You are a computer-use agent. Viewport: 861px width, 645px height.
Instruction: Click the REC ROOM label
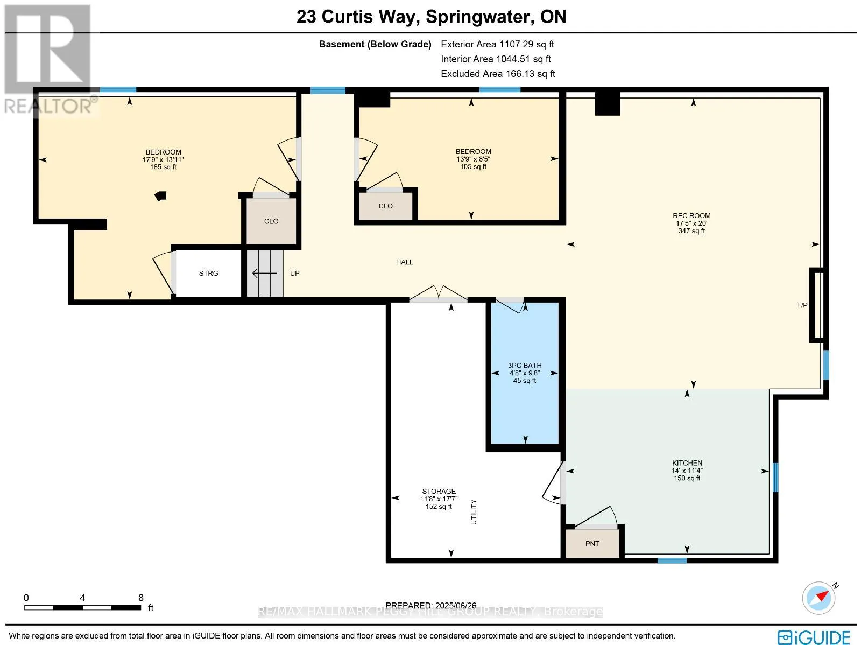(691, 216)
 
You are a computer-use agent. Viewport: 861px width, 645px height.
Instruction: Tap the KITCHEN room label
(687, 463)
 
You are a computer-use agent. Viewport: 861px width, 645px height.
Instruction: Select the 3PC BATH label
(525, 365)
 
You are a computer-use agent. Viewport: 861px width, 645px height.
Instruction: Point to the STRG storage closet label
(208, 273)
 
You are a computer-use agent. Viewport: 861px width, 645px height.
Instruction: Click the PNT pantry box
(592, 543)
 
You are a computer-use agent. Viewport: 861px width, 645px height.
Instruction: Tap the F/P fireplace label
(802, 305)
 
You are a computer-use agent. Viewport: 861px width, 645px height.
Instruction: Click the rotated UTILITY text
(474, 512)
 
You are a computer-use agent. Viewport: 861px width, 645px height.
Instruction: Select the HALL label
(405, 262)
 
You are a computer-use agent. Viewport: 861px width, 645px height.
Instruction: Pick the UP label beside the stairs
(294, 273)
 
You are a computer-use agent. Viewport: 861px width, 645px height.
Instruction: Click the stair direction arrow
(264, 273)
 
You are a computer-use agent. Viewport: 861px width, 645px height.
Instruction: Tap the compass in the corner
(818, 598)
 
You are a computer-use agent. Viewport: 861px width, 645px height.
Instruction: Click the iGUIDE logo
(814, 637)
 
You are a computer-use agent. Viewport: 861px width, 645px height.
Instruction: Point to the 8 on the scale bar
(141, 598)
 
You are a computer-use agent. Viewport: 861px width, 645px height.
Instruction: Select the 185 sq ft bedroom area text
(163, 167)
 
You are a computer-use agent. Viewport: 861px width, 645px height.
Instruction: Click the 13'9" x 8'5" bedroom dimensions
(473, 159)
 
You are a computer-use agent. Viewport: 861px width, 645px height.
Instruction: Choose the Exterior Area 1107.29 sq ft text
(497, 44)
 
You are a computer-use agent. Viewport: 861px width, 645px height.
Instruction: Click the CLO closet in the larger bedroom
(271, 221)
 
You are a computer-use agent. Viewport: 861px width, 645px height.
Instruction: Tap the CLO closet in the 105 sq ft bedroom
(386, 206)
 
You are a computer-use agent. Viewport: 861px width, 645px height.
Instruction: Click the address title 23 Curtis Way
(356, 17)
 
